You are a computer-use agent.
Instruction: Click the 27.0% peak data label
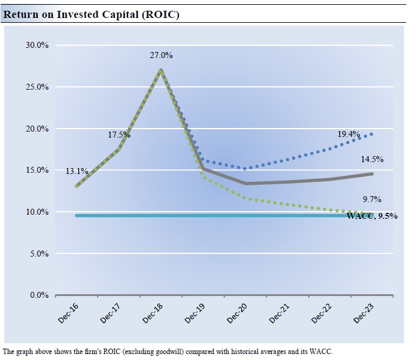pyautogui.click(x=161, y=56)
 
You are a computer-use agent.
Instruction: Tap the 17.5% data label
pyautogui.click(x=119, y=135)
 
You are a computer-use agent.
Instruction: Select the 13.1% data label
pyautogui.click(x=77, y=172)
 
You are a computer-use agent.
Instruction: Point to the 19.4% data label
pyautogui.click(x=348, y=135)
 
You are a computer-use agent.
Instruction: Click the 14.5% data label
pyautogui.click(x=372, y=160)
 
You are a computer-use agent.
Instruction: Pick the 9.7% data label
pyautogui.click(x=372, y=200)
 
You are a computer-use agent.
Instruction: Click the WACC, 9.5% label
pyautogui.click(x=372, y=216)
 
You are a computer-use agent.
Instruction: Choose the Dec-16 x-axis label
pyautogui.click(x=68, y=312)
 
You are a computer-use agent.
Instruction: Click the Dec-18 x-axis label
pyautogui.click(x=153, y=312)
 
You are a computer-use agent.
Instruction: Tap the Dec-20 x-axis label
pyautogui.click(x=238, y=312)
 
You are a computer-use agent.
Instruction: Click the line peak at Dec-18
pyautogui.click(x=161, y=70)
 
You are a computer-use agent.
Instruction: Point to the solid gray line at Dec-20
pyautogui.click(x=246, y=183)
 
